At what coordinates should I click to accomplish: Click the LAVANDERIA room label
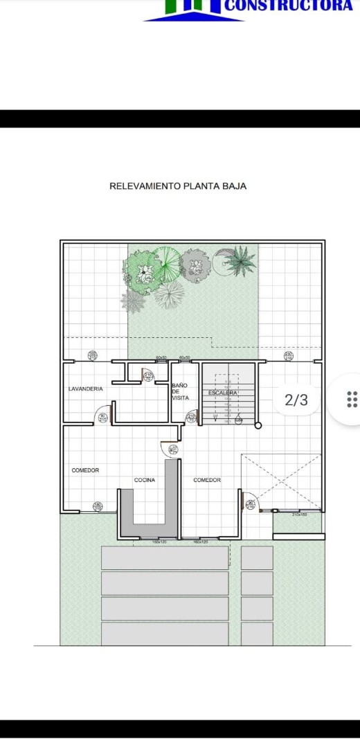[85, 389]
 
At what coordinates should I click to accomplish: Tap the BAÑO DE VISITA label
[180, 391]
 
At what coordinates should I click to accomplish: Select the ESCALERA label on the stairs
[223, 393]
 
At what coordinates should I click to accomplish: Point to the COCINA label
[144, 480]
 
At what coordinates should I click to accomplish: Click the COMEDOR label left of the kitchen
[85, 470]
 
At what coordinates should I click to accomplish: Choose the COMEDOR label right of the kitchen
[207, 480]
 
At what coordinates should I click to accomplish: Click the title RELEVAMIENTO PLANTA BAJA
[178, 186]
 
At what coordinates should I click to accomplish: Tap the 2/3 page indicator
[296, 400]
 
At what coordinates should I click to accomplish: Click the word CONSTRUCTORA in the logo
[289, 6]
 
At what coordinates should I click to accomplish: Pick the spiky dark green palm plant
[240, 260]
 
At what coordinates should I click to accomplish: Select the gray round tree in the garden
[195, 264]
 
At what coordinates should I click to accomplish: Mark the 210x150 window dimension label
[299, 515]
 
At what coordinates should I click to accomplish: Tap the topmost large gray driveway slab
[165, 558]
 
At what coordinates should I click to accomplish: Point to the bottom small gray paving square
[257, 633]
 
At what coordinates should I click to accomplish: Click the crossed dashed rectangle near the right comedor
[281, 482]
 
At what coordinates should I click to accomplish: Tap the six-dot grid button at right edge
[352, 399]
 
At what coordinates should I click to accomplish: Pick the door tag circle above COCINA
[173, 449]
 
